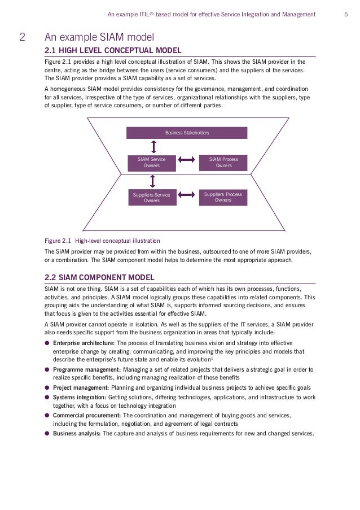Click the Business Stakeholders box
[187, 133]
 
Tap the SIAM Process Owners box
[223, 163]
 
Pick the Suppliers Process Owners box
[223, 197]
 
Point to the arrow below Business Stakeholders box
[152, 146]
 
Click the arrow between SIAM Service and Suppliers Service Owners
[152, 181]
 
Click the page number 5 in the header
[345, 14]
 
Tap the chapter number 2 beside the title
[22, 38]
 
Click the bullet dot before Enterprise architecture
[47, 342]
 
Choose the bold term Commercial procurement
[86, 415]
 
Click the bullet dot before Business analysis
[47, 434]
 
